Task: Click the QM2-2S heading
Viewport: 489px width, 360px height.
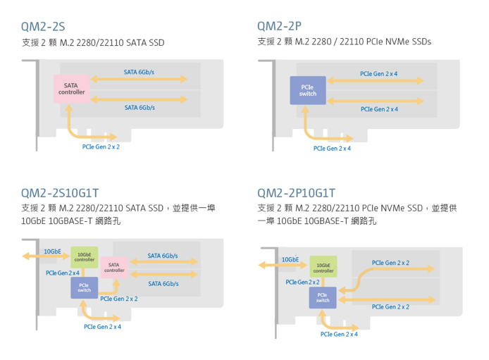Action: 43,27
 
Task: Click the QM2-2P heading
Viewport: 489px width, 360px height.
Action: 280,27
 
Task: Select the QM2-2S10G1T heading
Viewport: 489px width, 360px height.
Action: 61,192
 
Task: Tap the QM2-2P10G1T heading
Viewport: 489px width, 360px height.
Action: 297,192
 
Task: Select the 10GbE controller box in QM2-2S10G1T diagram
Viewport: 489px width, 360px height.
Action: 85,258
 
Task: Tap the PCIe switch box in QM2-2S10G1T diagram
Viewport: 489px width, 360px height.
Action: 85,287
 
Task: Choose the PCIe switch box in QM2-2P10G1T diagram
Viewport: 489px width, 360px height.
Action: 323,297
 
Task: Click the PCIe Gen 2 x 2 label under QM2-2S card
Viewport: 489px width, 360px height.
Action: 101,147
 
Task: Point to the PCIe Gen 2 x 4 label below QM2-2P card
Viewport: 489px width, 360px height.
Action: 332,148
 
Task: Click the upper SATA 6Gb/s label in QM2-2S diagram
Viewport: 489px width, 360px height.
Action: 140,72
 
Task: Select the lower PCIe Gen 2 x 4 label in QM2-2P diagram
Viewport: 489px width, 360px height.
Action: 378,109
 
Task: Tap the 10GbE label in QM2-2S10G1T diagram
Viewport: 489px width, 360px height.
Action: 52,251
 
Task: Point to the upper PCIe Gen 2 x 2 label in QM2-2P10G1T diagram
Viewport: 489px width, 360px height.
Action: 390,263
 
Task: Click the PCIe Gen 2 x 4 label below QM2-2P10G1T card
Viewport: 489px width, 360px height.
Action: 339,333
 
